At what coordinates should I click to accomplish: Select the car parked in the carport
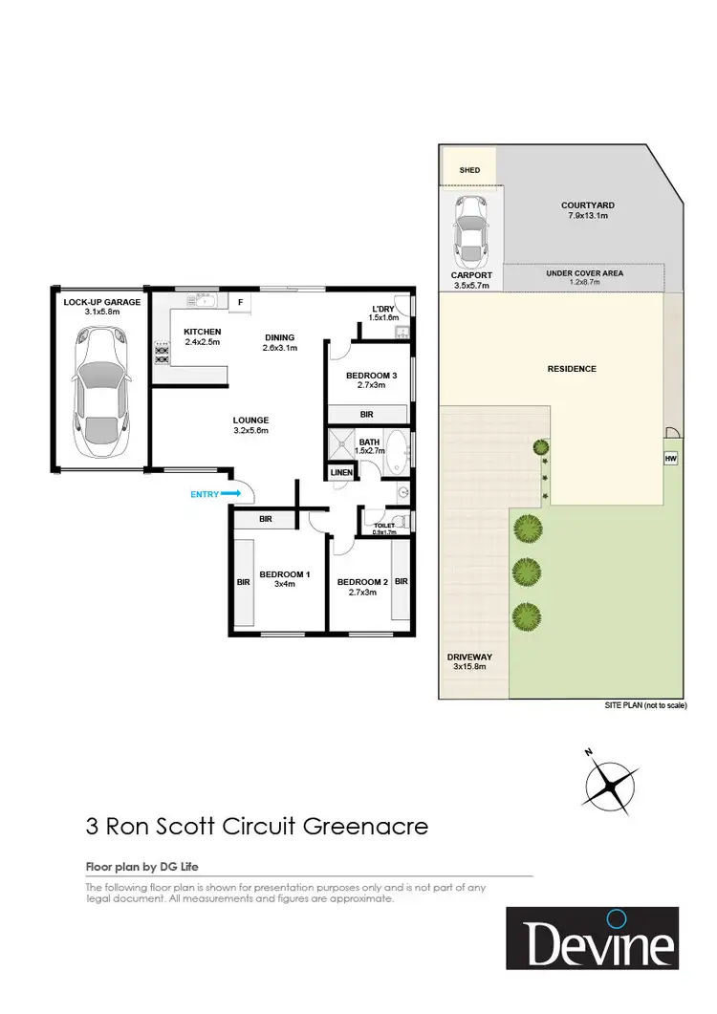coord(469,231)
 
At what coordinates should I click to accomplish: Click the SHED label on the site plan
coord(469,171)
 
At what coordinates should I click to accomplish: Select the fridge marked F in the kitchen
coord(240,303)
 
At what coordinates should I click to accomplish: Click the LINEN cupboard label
coord(340,473)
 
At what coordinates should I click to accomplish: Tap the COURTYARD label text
coord(587,205)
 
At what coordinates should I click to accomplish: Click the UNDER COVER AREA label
coord(584,273)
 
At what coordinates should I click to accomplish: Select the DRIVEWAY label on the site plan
coord(467,657)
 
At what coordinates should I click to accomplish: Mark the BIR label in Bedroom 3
coord(366,414)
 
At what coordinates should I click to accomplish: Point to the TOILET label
coord(384,526)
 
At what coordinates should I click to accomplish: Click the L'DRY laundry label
coord(382,309)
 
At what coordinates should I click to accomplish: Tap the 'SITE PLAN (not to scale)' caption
coord(644,704)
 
